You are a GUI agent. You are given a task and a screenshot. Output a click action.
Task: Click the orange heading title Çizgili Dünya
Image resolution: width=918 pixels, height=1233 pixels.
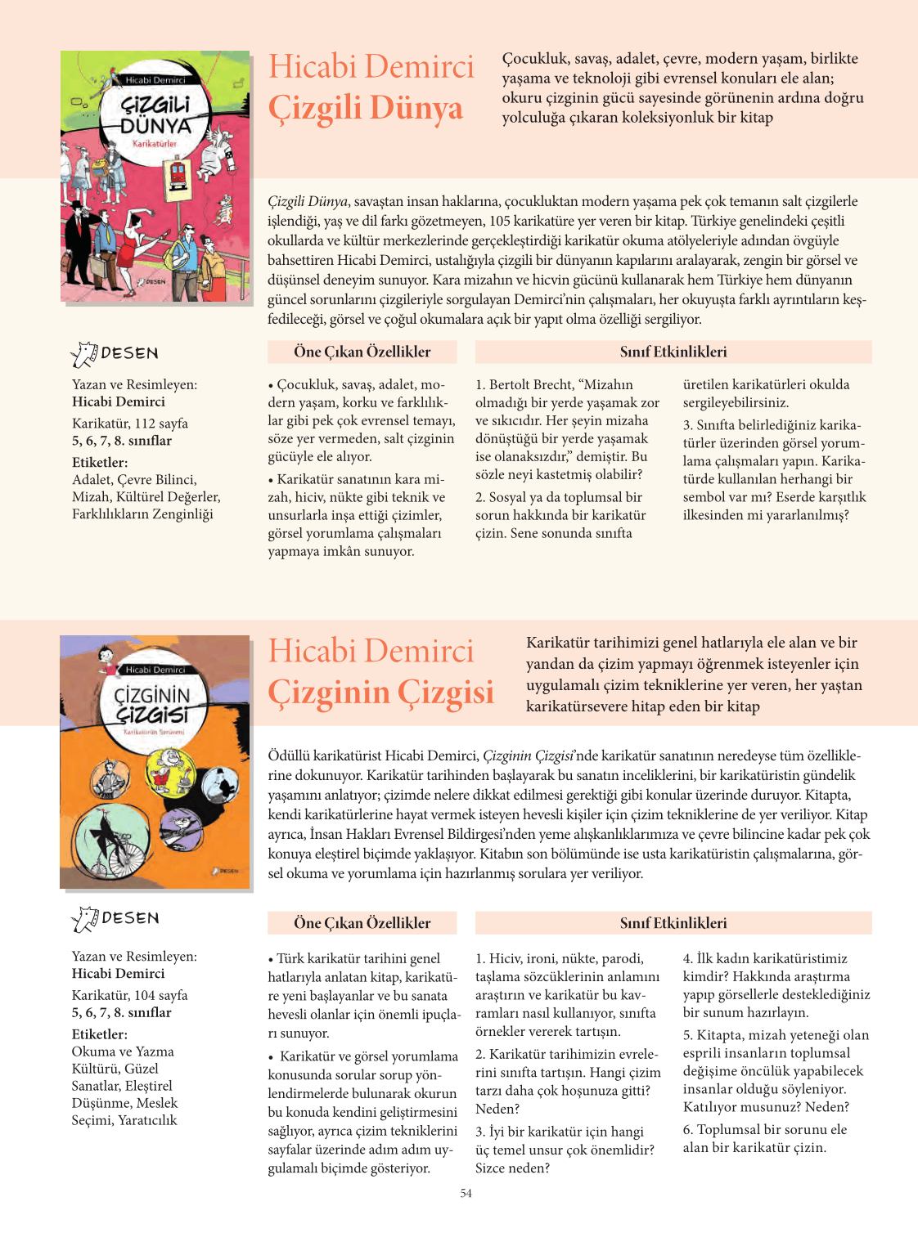[366, 109]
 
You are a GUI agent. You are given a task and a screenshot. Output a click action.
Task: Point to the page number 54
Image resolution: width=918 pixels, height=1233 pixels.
[466, 1194]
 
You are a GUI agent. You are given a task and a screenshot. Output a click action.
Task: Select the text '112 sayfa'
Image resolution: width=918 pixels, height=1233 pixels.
[161, 424]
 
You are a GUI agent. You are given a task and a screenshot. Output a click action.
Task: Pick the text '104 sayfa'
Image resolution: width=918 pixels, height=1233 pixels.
[161, 995]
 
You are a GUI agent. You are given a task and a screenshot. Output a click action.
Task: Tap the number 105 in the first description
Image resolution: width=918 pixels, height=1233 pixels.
[500, 222]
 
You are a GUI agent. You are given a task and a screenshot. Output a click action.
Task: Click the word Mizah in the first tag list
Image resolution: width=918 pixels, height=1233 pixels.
[91, 496]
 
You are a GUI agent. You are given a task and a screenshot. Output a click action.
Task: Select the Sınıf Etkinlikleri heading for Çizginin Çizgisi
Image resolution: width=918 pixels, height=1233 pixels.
[673, 923]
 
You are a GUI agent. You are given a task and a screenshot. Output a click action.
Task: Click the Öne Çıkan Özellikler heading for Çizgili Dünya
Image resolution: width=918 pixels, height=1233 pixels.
[362, 352]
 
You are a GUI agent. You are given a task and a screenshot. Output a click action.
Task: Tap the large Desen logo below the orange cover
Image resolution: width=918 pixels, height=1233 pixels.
[115, 919]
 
